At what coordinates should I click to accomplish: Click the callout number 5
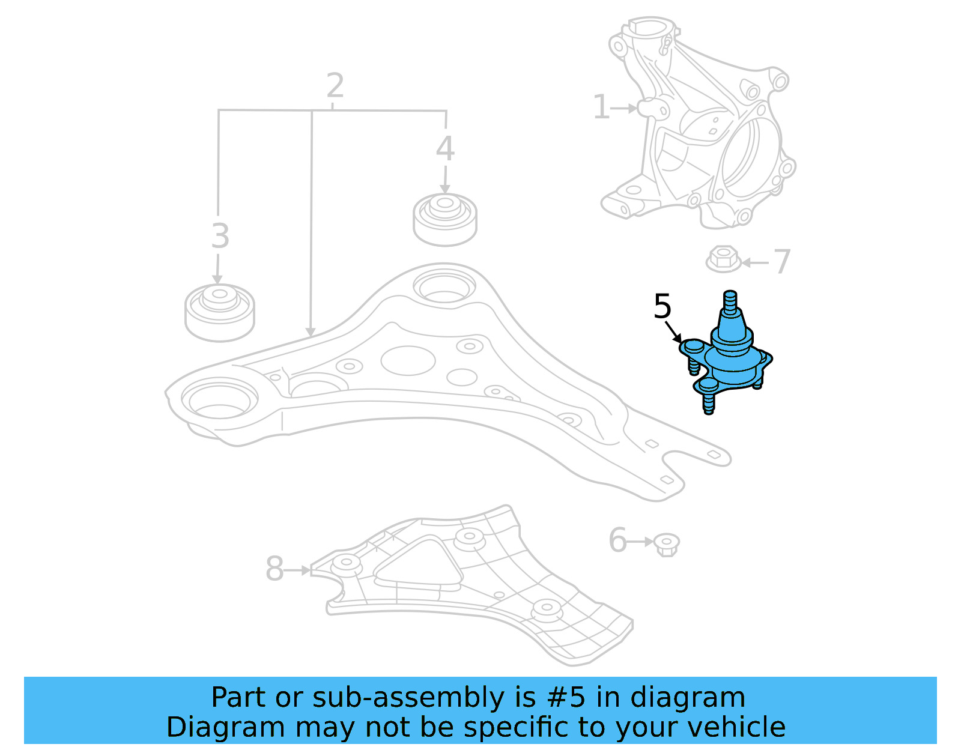(662, 306)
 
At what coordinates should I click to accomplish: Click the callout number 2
(335, 86)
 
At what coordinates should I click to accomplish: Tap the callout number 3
(220, 236)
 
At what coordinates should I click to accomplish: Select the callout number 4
(444, 148)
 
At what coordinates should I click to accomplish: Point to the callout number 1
(601, 107)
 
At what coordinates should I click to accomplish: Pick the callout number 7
(781, 262)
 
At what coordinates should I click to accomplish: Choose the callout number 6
(617, 540)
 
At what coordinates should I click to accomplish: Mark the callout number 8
(274, 569)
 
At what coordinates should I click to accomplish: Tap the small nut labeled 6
(666, 544)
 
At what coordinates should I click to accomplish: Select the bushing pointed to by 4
(444, 219)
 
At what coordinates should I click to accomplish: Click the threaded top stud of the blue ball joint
(729, 303)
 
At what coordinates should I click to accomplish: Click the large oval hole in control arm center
(408, 360)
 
